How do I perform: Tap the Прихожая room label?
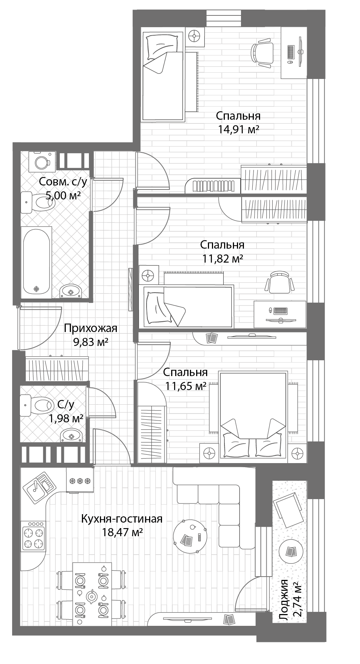pyautogui.click(x=90, y=328)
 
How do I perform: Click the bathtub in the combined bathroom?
pyautogui.click(x=36, y=260)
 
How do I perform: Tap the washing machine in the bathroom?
pyautogui.click(x=42, y=161)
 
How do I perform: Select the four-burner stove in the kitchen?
pyautogui.click(x=34, y=537)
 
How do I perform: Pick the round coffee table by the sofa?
pyautogui.click(x=190, y=537)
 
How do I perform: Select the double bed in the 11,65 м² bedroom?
pyautogui.click(x=253, y=415)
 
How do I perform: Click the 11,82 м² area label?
pyautogui.click(x=223, y=259)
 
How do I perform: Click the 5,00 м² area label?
pyautogui.click(x=63, y=195)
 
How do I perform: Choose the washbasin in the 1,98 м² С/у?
pyautogui.click(x=71, y=436)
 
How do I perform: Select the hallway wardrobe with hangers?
pyautogui.click(x=57, y=369)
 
